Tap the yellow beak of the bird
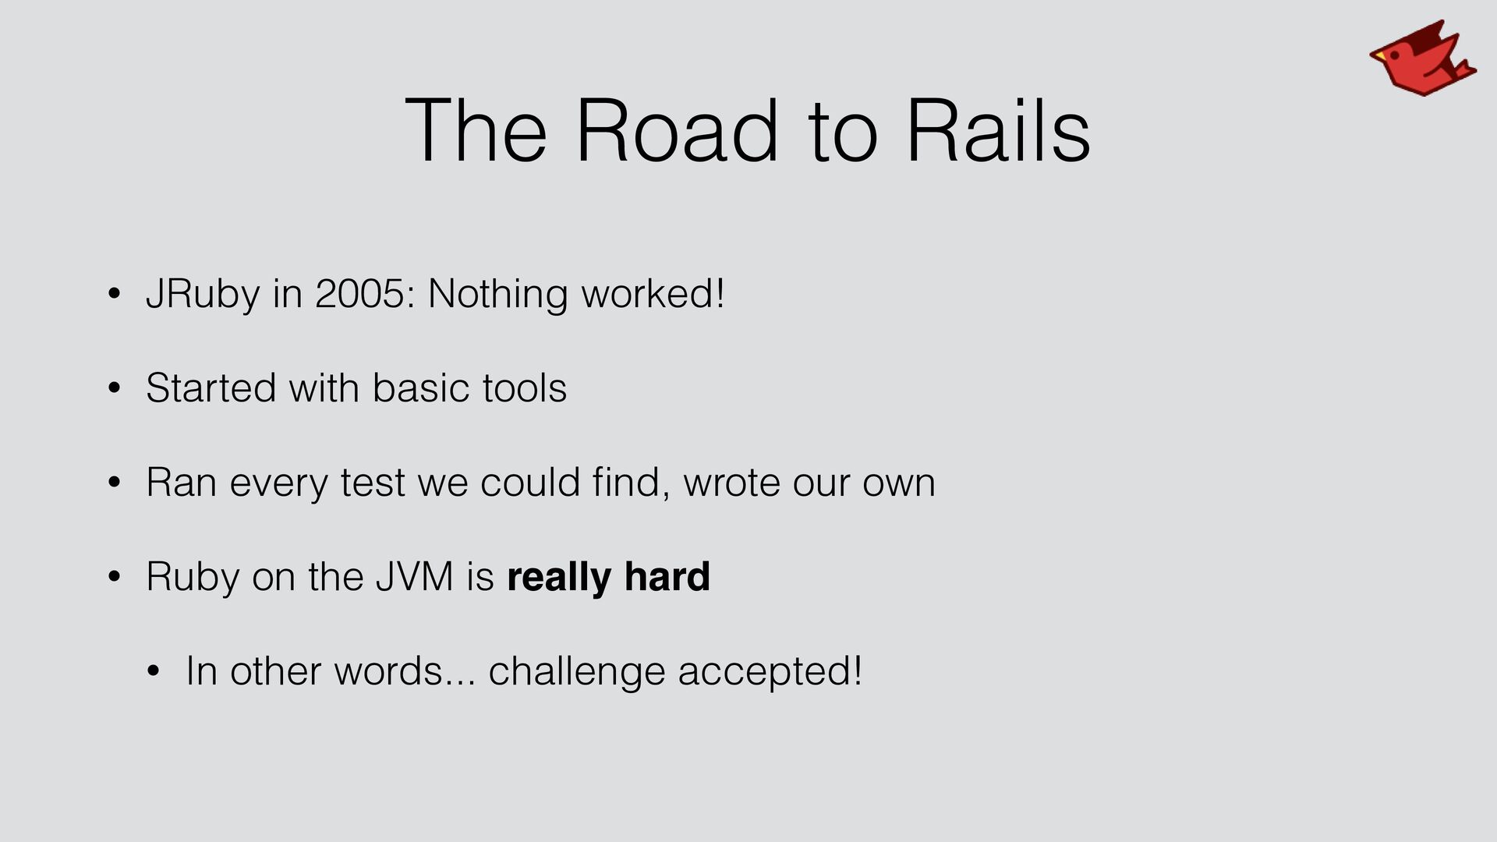click(1378, 55)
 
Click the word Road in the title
click(677, 130)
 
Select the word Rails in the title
click(998, 130)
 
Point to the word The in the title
click(476, 130)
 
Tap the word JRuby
click(203, 295)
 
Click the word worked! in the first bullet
click(653, 294)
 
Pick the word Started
click(211, 388)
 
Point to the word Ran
click(181, 483)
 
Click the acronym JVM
click(414, 577)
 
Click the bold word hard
click(667, 577)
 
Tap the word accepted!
click(770, 671)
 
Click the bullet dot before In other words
click(153, 672)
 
